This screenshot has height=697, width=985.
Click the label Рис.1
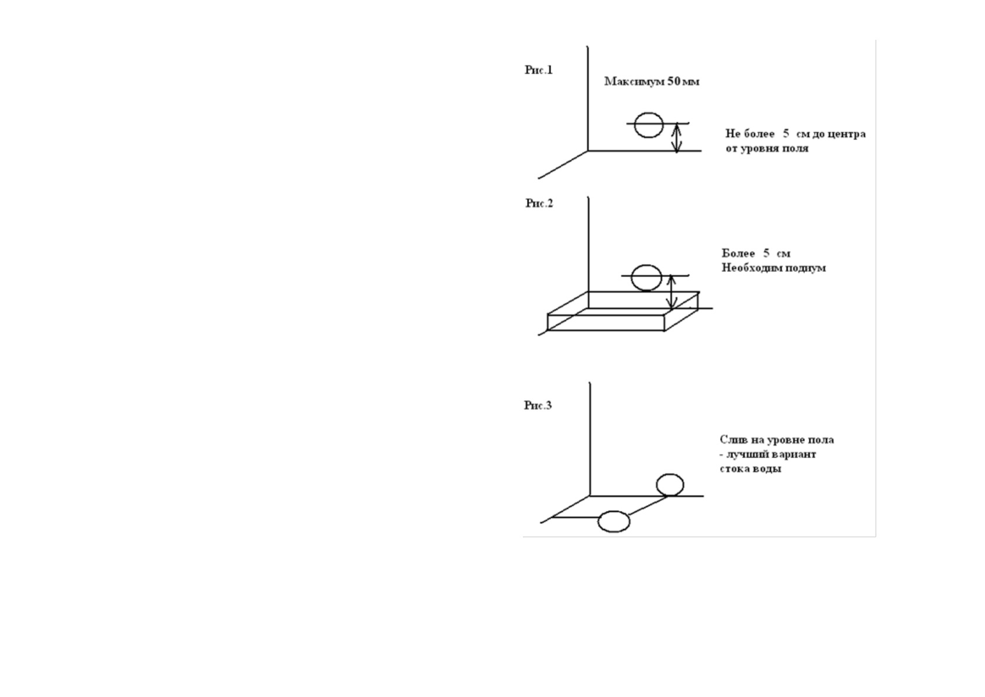(538, 70)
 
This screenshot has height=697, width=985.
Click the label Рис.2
(539, 204)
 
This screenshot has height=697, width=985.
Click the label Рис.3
(538, 405)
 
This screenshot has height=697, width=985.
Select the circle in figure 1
(648, 125)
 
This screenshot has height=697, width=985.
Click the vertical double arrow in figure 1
(677, 138)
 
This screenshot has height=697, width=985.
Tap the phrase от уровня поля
(767, 149)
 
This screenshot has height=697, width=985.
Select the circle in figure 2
(646, 278)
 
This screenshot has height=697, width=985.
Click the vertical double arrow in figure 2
(673, 291)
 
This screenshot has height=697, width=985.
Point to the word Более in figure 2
(738, 254)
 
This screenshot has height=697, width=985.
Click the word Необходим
(748, 268)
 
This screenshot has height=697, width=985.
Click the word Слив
(732, 440)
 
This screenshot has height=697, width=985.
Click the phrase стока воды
(750, 469)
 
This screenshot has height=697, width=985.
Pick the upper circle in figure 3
(670, 485)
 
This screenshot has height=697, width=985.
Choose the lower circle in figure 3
(614, 521)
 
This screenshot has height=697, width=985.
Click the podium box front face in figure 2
(605, 322)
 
